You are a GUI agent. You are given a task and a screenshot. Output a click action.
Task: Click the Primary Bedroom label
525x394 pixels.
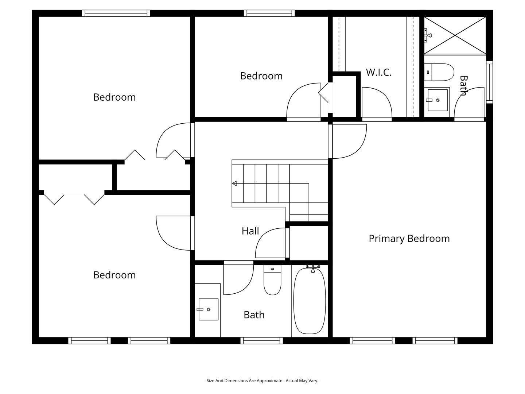point(409,239)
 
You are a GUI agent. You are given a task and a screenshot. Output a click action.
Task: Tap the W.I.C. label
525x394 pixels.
point(379,72)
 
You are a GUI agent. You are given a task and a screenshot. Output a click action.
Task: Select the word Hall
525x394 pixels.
point(250,231)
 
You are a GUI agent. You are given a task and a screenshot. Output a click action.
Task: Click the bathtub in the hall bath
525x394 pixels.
point(310,301)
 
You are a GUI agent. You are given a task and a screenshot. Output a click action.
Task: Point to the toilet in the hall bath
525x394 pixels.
point(272,280)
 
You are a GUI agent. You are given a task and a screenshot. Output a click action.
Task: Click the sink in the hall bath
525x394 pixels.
point(208,309)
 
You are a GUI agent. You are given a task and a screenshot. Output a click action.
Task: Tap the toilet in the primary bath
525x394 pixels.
point(439,72)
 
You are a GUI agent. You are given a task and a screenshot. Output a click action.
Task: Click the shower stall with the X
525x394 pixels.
point(455,35)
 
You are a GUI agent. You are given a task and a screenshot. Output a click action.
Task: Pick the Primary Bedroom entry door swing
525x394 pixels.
point(349,141)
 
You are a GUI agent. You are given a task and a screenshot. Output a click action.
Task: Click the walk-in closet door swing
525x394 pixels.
point(377,103)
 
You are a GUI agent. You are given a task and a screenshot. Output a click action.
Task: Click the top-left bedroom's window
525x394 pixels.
point(116,13)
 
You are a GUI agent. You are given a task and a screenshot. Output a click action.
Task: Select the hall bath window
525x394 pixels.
point(262,340)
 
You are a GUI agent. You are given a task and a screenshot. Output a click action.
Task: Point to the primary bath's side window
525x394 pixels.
point(489,82)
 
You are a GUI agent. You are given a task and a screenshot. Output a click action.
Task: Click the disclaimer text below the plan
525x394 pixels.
point(262,381)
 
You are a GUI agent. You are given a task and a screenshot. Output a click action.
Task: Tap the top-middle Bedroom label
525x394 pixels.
point(261,76)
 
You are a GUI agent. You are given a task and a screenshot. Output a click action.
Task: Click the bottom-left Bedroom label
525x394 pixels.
point(114,275)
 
